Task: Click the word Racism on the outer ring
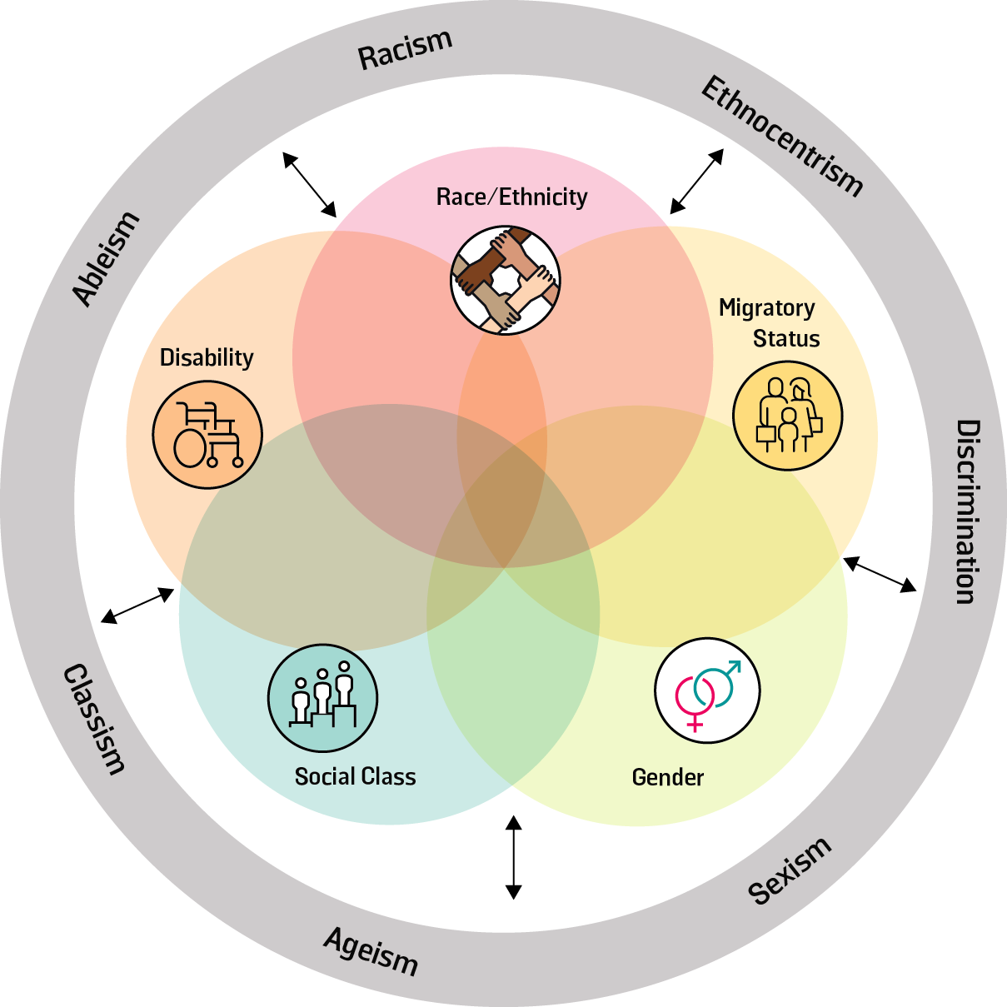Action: coord(405,50)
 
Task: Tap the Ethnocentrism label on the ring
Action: coord(781,136)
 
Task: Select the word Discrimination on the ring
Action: coord(965,511)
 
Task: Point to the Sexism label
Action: coord(789,870)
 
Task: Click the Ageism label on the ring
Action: coord(371,950)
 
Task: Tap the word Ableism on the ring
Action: coord(106,259)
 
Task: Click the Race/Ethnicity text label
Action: coord(511,197)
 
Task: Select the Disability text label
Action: coord(207,357)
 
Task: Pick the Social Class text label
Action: coord(355,776)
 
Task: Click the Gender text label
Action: coord(668,777)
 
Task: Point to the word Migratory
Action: coord(766,308)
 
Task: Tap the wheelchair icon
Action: coord(207,435)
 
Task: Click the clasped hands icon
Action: coord(506,280)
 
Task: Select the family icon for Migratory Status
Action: coord(787,416)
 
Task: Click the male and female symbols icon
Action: coord(707,690)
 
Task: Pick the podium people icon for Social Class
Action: coord(322,698)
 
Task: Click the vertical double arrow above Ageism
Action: coord(513,857)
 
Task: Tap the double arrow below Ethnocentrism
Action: coord(697,181)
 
